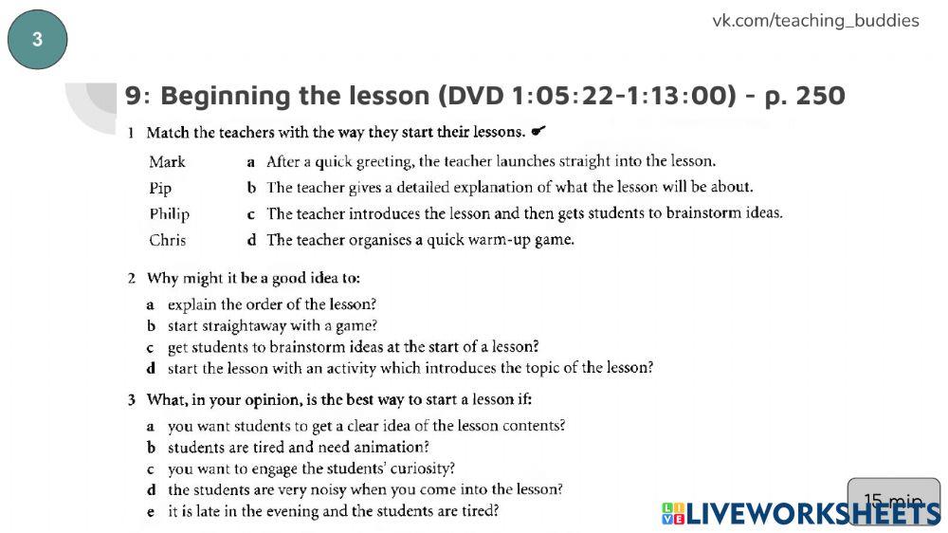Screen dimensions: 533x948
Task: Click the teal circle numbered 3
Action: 37,40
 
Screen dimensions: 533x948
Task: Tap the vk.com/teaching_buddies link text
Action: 815,21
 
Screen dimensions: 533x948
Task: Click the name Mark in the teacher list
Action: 167,161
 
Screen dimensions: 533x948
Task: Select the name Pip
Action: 160,188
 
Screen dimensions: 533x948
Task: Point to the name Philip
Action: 169,213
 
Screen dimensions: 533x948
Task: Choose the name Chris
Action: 168,240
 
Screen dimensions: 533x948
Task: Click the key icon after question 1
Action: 538,131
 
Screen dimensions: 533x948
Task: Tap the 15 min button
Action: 893,501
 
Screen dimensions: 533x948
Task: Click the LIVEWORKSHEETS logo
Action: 801,514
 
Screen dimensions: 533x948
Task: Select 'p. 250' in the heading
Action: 805,96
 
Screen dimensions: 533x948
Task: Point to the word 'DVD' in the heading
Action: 477,96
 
